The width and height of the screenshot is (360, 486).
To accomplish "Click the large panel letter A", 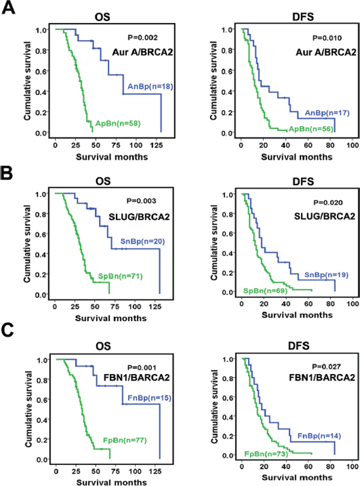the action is tap(8, 7).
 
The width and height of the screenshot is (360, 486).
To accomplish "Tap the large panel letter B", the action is tap(7, 173).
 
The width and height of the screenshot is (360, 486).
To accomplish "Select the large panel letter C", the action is tap(7, 330).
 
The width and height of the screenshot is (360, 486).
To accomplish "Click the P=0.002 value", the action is tap(143, 37).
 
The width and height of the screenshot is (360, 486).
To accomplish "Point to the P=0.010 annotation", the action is tap(327, 38).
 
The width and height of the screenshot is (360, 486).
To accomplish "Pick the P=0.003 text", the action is tap(141, 201).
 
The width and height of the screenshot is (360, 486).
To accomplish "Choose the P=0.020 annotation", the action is tap(328, 202).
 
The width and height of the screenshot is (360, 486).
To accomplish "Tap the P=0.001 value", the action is tap(142, 367).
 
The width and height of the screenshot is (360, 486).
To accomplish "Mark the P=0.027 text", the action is tap(326, 367).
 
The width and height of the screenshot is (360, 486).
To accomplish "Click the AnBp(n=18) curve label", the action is tap(151, 86).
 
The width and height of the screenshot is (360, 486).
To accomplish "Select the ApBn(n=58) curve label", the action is tap(118, 124).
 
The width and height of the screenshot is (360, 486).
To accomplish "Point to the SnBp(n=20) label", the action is tap(142, 242).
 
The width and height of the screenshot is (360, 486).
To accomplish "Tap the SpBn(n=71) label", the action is tap(120, 276).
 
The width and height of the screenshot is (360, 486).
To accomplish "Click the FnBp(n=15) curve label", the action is tap(149, 398).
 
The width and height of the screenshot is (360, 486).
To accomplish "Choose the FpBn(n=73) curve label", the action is tap(266, 454).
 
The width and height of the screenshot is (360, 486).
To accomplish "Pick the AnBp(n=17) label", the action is tap(327, 113).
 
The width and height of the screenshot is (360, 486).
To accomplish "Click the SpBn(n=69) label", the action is tap(265, 291).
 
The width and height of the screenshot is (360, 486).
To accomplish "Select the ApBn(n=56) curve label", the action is tap(311, 129).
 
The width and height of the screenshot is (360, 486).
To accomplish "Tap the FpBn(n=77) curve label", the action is tap(125, 440).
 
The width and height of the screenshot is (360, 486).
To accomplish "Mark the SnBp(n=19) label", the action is tap(326, 275).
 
